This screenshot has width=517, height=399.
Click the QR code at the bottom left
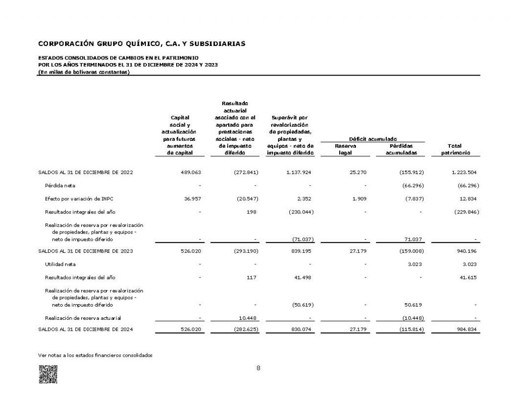click(48, 374)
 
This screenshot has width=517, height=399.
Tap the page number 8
click(258, 368)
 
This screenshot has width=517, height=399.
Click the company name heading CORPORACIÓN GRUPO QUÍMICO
click(142, 44)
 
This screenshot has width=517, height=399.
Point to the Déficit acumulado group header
click(373, 138)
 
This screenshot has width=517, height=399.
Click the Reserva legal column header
click(345, 149)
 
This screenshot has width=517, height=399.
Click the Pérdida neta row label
click(60, 185)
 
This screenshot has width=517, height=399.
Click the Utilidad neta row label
click(61, 264)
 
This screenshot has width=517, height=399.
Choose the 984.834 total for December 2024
click(465, 329)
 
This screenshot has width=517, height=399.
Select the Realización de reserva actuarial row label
click(83, 318)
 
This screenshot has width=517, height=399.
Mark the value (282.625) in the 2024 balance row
click(243, 329)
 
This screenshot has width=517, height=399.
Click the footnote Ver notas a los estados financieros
click(95, 355)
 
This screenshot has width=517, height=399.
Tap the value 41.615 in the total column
click(467, 277)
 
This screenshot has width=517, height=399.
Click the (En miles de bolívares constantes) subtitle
click(84, 72)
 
